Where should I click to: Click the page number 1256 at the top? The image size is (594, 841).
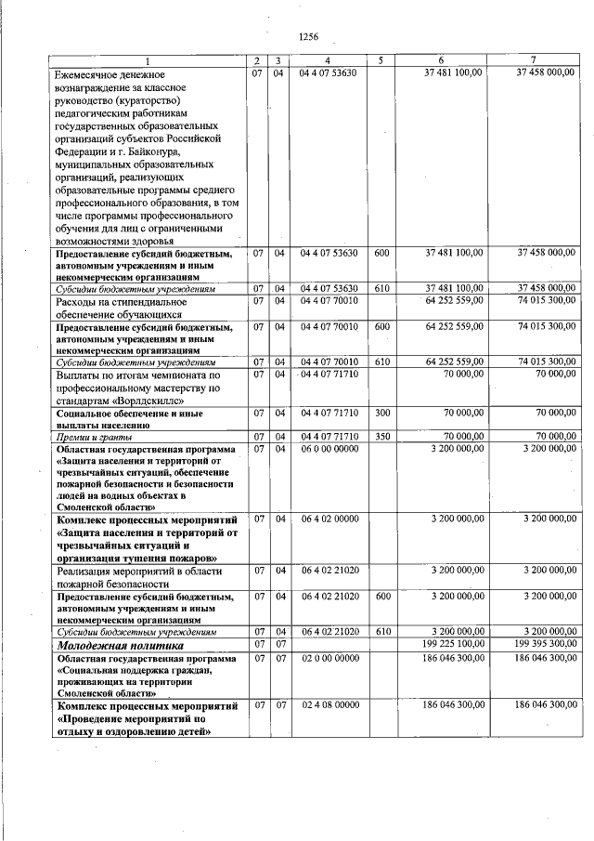pos(309,37)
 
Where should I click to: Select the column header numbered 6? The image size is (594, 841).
pos(441,61)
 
